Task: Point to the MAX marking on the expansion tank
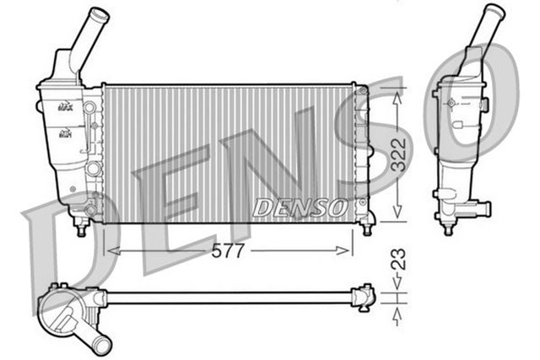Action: [x=65, y=106]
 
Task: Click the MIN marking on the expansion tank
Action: [x=65, y=132]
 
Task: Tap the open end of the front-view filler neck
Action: [x=100, y=14]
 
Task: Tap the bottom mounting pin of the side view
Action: [x=449, y=228]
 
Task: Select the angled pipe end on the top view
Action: [x=102, y=343]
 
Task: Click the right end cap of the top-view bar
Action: [x=365, y=297]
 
